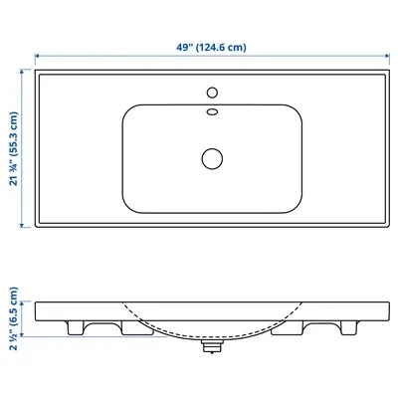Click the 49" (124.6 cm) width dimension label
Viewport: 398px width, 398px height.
coord(211,47)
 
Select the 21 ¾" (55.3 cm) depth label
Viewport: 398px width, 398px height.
coord(14,148)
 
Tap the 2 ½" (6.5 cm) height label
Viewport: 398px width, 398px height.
coord(14,318)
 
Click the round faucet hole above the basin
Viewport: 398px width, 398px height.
coord(212,93)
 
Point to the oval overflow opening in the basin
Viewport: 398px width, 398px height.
coord(212,111)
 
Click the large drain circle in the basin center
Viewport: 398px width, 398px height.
coord(212,158)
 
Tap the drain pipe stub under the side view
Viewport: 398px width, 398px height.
coord(212,346)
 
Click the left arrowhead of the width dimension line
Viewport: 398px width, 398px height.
coord(37,56)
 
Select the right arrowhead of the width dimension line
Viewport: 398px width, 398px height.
coord(387,56)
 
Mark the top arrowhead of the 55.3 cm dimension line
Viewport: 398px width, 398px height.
coord(22,72)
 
